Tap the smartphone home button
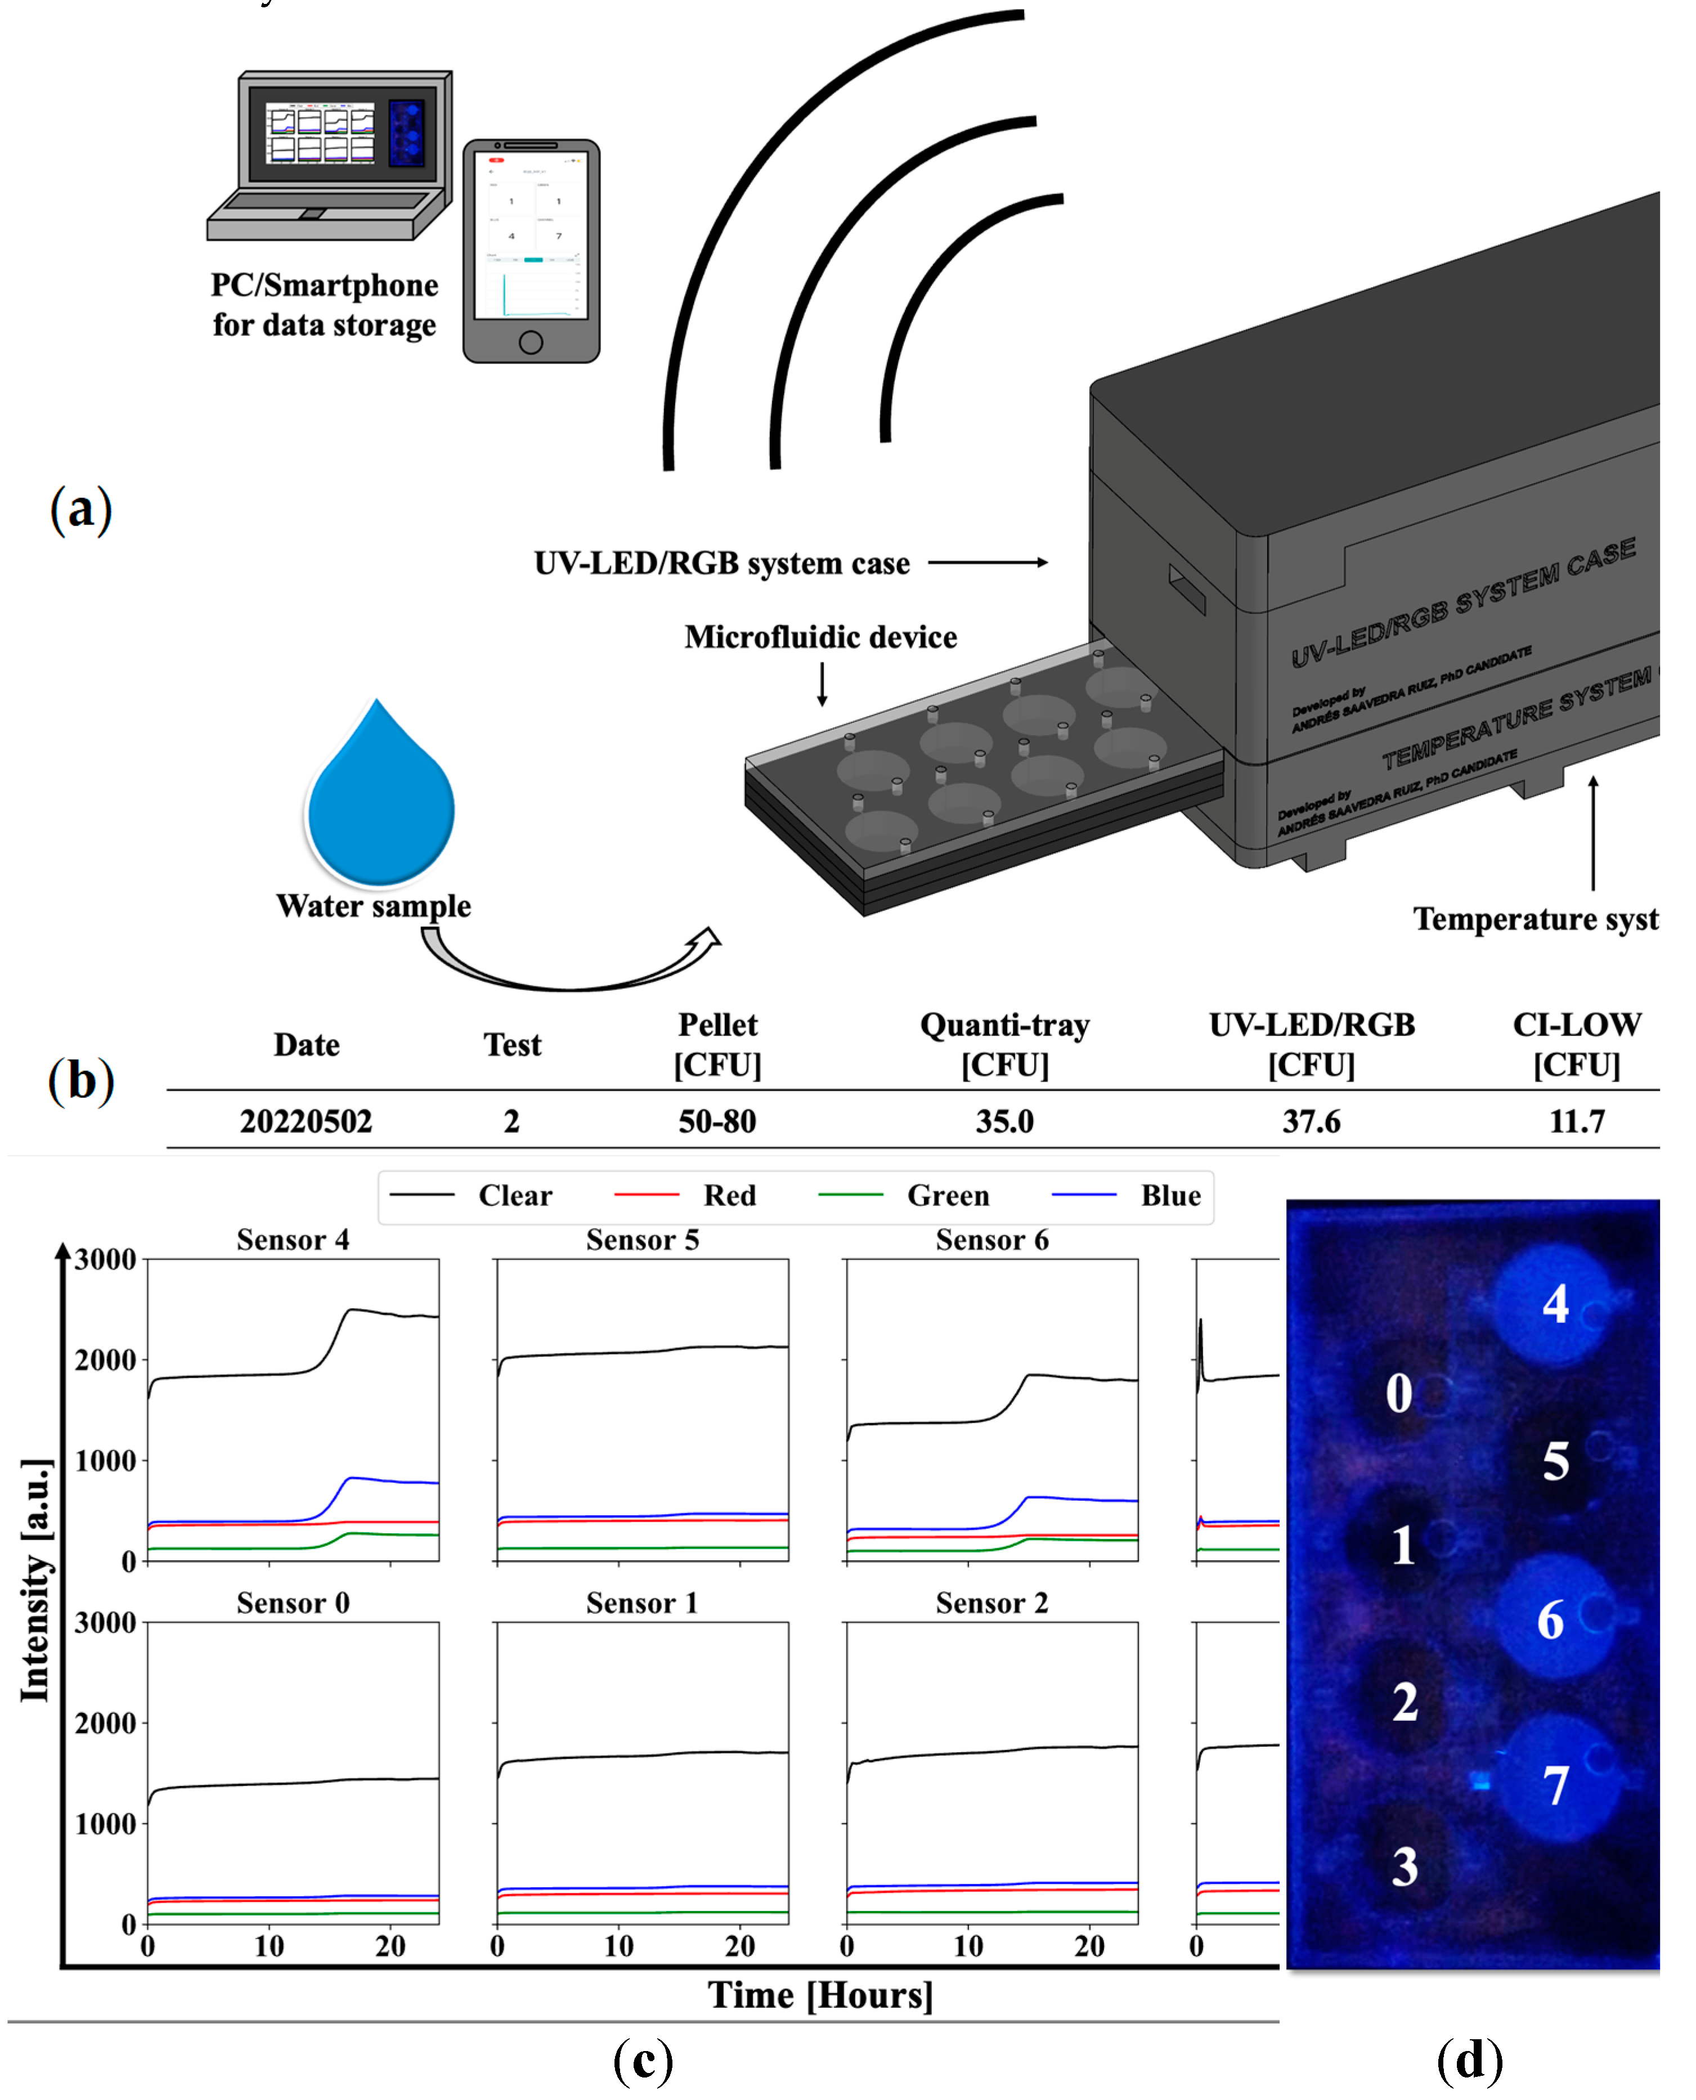(531, 342)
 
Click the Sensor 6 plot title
(991, 1240)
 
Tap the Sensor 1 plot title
(642, 1603)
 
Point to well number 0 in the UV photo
(1399, 1392)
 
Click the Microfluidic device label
(820, 637)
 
